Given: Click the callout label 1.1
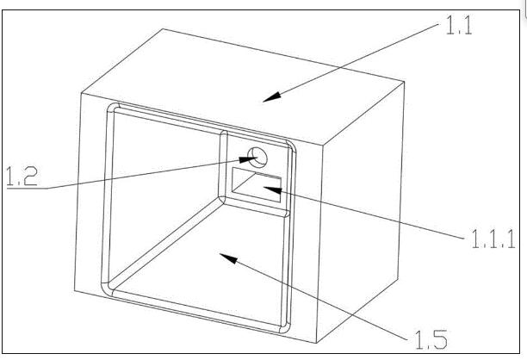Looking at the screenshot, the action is pyautogui.click(x=459, y=25).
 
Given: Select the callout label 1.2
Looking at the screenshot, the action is pyautogui.click(x=22, y=176).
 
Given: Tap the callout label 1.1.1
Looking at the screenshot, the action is pyautogui.click(x=493, y=239).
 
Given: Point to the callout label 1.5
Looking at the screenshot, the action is pyautogui.click(x=431, y=339).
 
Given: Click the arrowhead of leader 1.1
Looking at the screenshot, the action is pyautogui.click(x=272, y=97).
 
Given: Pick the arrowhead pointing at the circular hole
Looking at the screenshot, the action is pyautogui.click(x=248, y=159).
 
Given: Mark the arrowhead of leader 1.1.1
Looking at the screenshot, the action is pyautogui.click(x=272, y=190).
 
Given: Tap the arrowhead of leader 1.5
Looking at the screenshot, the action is pyautogui.click(x=228, y=258).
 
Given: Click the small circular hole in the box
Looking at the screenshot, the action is pyautogui.click(x=257, y=158).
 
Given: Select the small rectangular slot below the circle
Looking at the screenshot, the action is pyautogui.click(x=257, y=185).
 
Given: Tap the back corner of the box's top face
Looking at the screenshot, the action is pyautogui.click(x=164, y=29).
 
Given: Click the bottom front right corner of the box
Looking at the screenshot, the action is pyautogui.click(x=317, y=343).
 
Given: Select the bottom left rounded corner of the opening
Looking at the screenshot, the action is pyautogui.click(x=105, y=290).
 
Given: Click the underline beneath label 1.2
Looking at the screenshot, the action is pyautogui.click(x=28, y=188).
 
